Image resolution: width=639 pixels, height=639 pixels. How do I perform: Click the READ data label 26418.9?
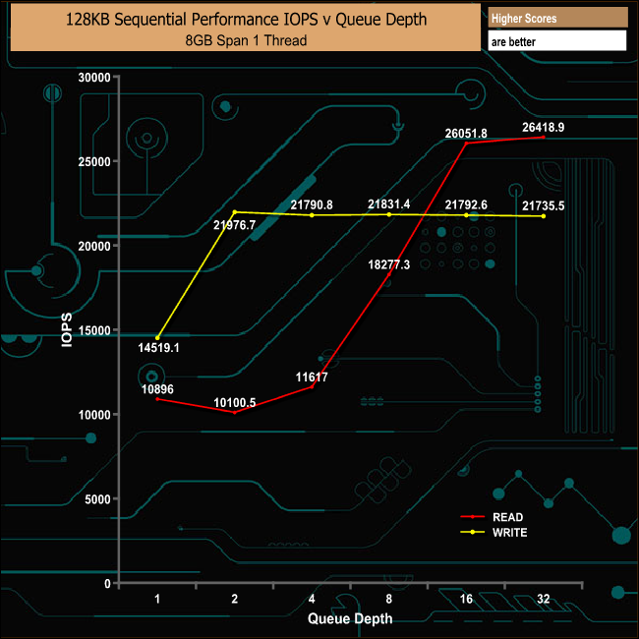[544, 127]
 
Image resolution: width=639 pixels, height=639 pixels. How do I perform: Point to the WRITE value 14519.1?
[158, 347]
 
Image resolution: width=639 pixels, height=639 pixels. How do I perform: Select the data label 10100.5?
[234, 401]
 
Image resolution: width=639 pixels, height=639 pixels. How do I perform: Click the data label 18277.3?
[389, 264]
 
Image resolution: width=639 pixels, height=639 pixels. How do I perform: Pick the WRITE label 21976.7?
[234, 225]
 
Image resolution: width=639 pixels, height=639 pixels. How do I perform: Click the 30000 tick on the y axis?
[94, 78]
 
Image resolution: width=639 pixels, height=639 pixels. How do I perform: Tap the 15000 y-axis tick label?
[94, 330]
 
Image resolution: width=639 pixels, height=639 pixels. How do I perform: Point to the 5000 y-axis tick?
[97, 499]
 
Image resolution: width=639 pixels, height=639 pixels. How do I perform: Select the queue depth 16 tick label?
[466, 599]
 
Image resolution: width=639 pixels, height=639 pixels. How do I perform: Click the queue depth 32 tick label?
[544, 599]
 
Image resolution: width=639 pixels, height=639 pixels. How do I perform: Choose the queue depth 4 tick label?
[312, 599]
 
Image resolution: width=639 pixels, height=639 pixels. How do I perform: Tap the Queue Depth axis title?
[350, 618]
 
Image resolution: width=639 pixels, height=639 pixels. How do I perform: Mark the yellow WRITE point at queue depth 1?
[157, 338]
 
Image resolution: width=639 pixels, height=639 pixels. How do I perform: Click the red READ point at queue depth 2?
[234, 412]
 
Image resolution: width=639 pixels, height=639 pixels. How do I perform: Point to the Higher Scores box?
[556, 19]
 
